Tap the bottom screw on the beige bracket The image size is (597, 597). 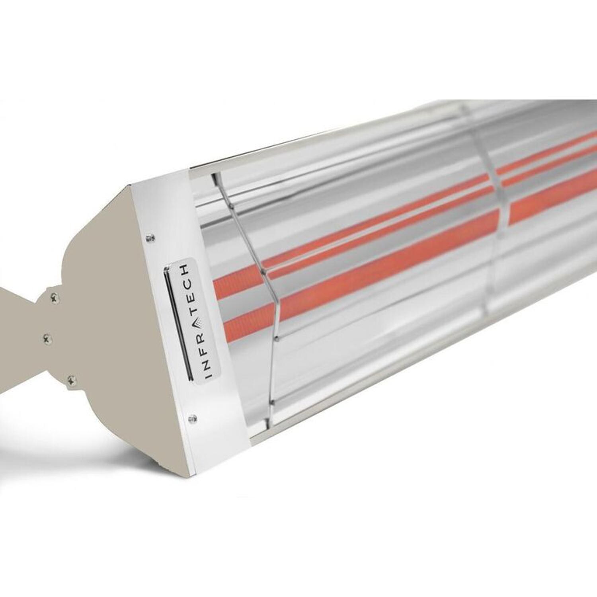click(x=71, y=379)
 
